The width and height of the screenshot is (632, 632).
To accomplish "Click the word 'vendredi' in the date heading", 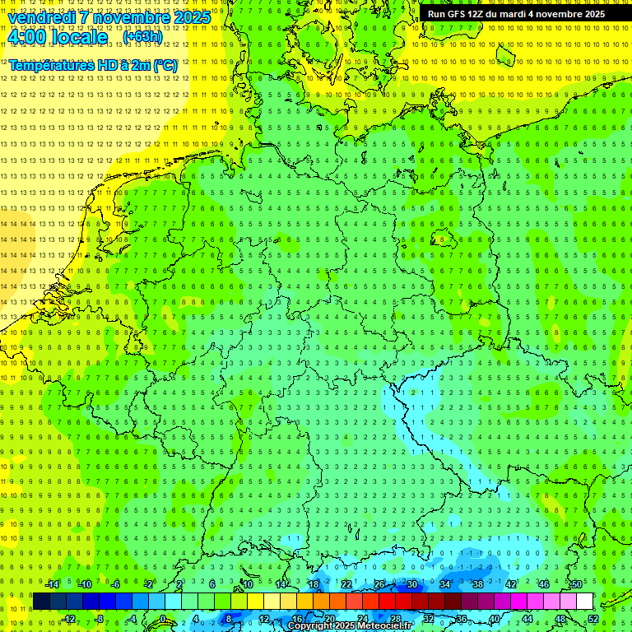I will tap(42, 17).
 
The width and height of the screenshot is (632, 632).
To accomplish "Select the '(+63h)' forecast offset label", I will tap(142, 37).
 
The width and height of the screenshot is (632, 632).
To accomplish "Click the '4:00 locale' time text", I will tap(58, 37).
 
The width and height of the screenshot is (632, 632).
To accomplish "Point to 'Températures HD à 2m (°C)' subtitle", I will tap(93, 65).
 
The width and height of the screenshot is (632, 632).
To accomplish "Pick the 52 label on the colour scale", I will tap(592, 619).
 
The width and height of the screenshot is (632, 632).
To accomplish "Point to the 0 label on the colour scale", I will tap(163, 619).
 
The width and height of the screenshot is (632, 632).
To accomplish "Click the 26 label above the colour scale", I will tap(379, 584).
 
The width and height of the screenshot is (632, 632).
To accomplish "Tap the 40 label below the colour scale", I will tap(494, 619).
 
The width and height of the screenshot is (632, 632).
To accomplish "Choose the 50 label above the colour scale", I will tap(577, 584).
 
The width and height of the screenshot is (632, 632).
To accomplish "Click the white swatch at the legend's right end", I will tap(584, 602).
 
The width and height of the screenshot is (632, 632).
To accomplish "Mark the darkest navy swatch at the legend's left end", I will tap(41, 602).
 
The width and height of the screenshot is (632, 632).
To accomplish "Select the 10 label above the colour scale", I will tap(247, 584).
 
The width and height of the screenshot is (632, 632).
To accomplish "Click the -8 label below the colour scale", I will tap(98, 619).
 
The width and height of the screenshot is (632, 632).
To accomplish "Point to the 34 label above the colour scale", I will tap(445, 584).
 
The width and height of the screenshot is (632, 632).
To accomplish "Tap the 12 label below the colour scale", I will tap(263, 619).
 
